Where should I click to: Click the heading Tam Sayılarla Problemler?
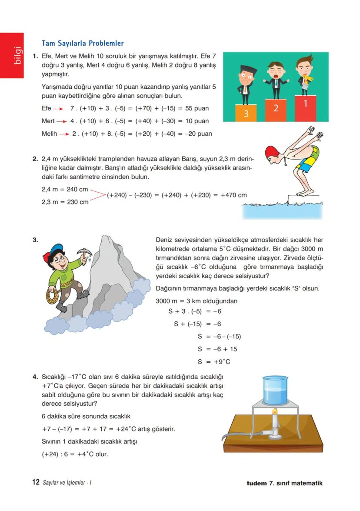82,43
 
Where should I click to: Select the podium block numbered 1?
305,107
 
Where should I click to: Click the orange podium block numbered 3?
246,113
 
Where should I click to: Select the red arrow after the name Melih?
64,134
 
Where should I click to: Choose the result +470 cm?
233,195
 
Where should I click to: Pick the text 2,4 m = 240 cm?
65,190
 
